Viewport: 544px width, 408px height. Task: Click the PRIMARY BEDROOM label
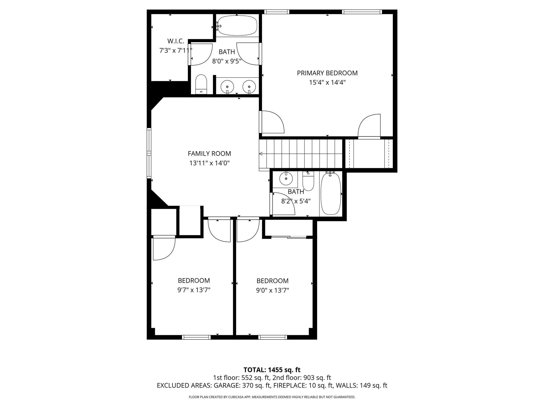coord(327,73)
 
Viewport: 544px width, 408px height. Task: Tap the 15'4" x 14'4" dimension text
coord(327,83)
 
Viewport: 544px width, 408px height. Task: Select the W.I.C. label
coord(176,41)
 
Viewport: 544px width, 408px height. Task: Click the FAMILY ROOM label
coord(209,154)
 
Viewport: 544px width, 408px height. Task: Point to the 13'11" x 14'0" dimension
coord(209,163)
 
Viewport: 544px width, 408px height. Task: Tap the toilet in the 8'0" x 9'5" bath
coord(201,84)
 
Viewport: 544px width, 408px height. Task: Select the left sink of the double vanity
coord(227,87)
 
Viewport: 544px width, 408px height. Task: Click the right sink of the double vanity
coord(249,87)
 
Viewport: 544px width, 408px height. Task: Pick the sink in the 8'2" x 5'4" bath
coord(286,179)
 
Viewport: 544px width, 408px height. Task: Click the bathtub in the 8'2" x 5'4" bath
coord(331,194)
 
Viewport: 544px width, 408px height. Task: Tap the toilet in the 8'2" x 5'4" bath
coord(308,181)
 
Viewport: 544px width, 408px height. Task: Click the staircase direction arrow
coord(261,154)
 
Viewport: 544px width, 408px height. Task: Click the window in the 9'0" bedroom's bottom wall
coord(273,337)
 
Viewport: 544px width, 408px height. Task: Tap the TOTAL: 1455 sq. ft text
coord(272,370)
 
